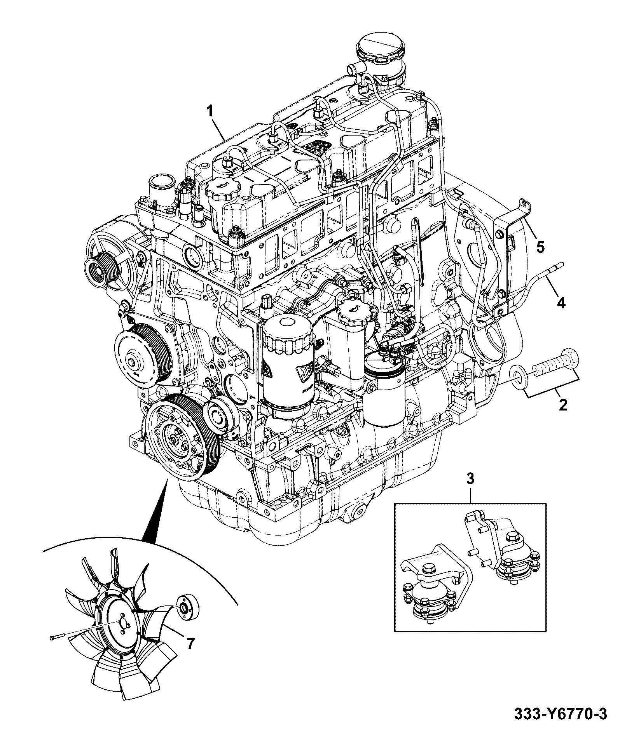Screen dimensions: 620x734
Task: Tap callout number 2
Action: pyautogui.click(x=562, y=405)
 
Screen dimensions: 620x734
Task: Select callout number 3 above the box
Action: pyautogui.click(x=470, y=489)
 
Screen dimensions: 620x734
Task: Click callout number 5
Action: pyautogui.click(x=541, y=246)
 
